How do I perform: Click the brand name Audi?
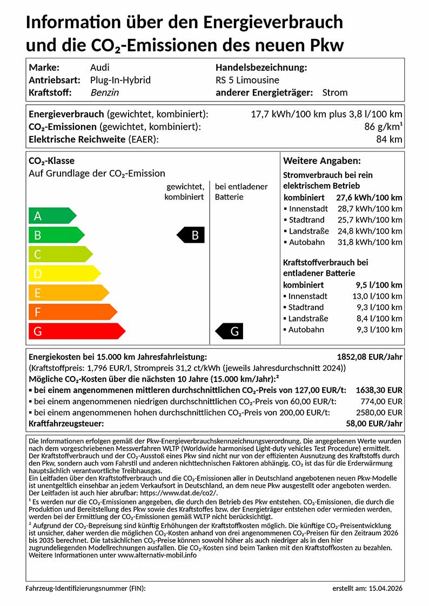coord(99,67)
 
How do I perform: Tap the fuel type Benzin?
coord(104,92)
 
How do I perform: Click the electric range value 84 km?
coord(389,139)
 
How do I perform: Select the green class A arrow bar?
coord(52,216)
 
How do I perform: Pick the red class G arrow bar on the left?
coord(76,331)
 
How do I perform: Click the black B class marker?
coord(191,235)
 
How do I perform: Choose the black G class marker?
coord(230,331)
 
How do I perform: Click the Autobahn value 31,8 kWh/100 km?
coord(370,242)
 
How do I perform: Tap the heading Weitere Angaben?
coord(322,161)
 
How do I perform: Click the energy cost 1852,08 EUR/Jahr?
coord(370,357)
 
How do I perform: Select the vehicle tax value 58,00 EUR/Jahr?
coord(375,423)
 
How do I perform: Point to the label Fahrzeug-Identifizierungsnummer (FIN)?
coord(85,588)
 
